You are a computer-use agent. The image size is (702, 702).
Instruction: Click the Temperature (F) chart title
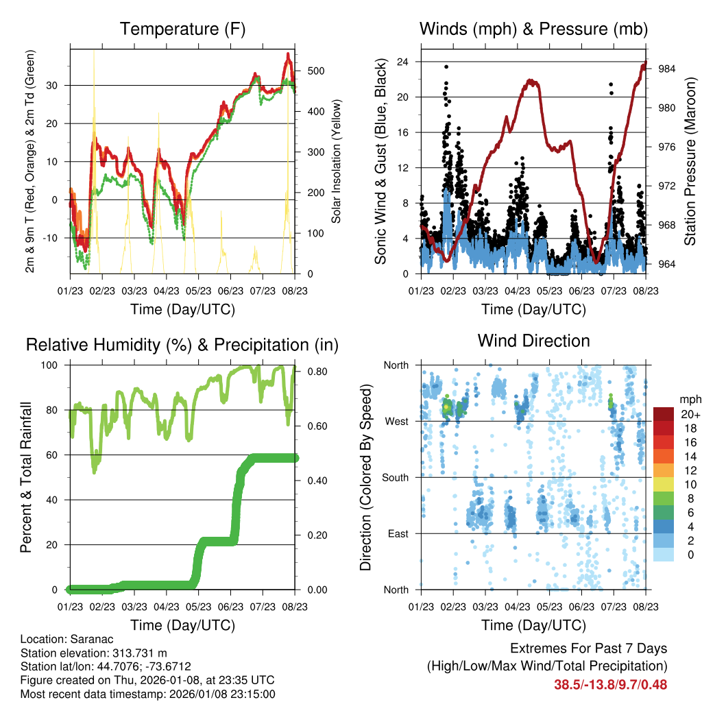[x=182, y=29]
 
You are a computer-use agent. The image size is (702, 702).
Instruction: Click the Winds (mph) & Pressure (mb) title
[x=533, y=29]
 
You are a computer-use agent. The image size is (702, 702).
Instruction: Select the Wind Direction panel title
[x=533, y=340]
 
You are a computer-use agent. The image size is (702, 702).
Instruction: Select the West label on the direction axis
[x=396, y=421]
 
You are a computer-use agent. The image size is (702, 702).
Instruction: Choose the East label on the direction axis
[x=398, y=533]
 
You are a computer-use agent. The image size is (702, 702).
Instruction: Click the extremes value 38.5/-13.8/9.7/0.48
[x=610, y=684]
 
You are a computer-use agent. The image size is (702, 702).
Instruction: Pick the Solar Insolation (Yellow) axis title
[x=337, y=161]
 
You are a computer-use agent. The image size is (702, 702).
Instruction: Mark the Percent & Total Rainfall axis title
[x=26, y=477]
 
